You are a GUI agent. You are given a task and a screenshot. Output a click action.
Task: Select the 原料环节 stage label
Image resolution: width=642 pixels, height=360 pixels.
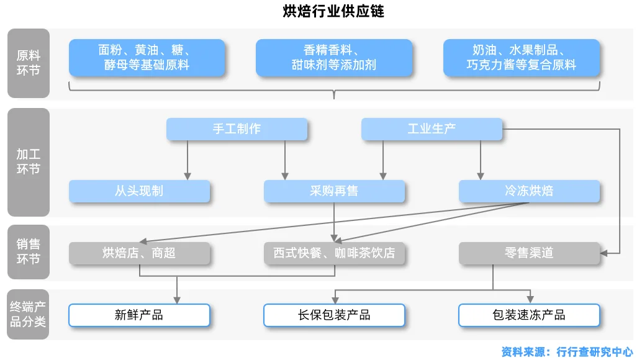click(x=28, y=63)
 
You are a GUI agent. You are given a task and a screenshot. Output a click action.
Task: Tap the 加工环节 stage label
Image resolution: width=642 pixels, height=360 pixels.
click(x=28, y=161)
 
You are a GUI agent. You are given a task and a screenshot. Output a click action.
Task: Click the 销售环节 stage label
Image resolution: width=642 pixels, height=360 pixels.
click(x=28, y=251)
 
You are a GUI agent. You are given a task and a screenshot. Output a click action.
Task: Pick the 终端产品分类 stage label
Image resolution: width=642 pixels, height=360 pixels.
click(x=28, y=314)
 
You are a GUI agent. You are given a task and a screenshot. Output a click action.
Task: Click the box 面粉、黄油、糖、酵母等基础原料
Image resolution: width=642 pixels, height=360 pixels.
click(x=147, y=58)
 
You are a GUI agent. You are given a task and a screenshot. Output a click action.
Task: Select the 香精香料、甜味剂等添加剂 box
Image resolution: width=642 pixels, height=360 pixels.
click(x=334, y=58)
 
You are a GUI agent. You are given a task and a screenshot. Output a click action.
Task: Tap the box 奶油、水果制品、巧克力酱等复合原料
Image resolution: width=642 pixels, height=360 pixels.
click(x=522, y=58)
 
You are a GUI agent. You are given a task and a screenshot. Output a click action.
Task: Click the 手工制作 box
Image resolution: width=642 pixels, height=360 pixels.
click(x=237, y=129)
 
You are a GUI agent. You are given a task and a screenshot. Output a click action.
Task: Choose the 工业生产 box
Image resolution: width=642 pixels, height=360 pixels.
click(x=432, y=129)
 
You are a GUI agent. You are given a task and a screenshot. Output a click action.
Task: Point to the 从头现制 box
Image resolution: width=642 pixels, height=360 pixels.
click(x=139, y=191)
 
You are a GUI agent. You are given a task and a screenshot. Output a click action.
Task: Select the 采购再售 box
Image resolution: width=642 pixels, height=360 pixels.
click(x=334, y=191)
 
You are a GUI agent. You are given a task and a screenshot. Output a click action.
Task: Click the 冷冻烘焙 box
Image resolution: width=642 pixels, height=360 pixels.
click(x=529, y=191)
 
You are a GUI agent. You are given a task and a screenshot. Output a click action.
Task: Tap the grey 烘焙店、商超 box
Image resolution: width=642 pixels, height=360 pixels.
click(x=139, y=253)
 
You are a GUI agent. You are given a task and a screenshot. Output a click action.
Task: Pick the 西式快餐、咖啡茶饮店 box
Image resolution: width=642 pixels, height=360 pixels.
click(x=334, y=253)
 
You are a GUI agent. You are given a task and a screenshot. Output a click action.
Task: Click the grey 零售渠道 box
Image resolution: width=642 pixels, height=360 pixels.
click(x=529, y=253)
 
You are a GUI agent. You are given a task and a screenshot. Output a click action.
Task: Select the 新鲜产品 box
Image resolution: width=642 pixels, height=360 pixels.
click(x=139, y=315)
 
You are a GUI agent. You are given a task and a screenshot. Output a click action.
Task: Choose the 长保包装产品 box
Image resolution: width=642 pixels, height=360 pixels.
click(x=334, y=315)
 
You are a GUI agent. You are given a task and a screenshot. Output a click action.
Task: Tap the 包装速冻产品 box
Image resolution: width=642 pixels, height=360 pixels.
click(x=529, y=315)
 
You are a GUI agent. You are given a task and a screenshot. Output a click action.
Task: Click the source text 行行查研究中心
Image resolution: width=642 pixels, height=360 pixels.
click(x=595, y=351)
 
